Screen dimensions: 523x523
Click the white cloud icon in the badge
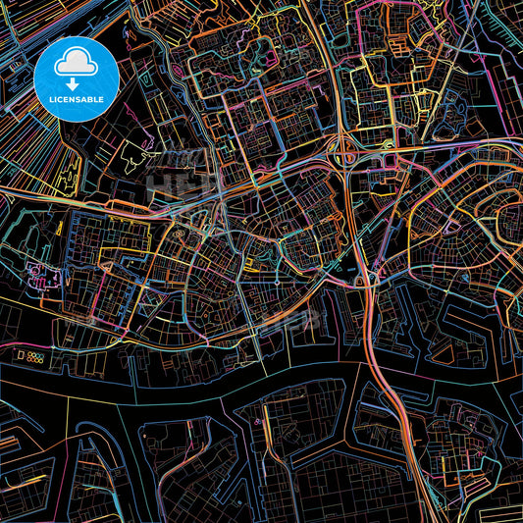click(76, 64)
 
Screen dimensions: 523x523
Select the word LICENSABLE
click(76, 100)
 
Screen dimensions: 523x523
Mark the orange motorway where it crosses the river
click(379, 373)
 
